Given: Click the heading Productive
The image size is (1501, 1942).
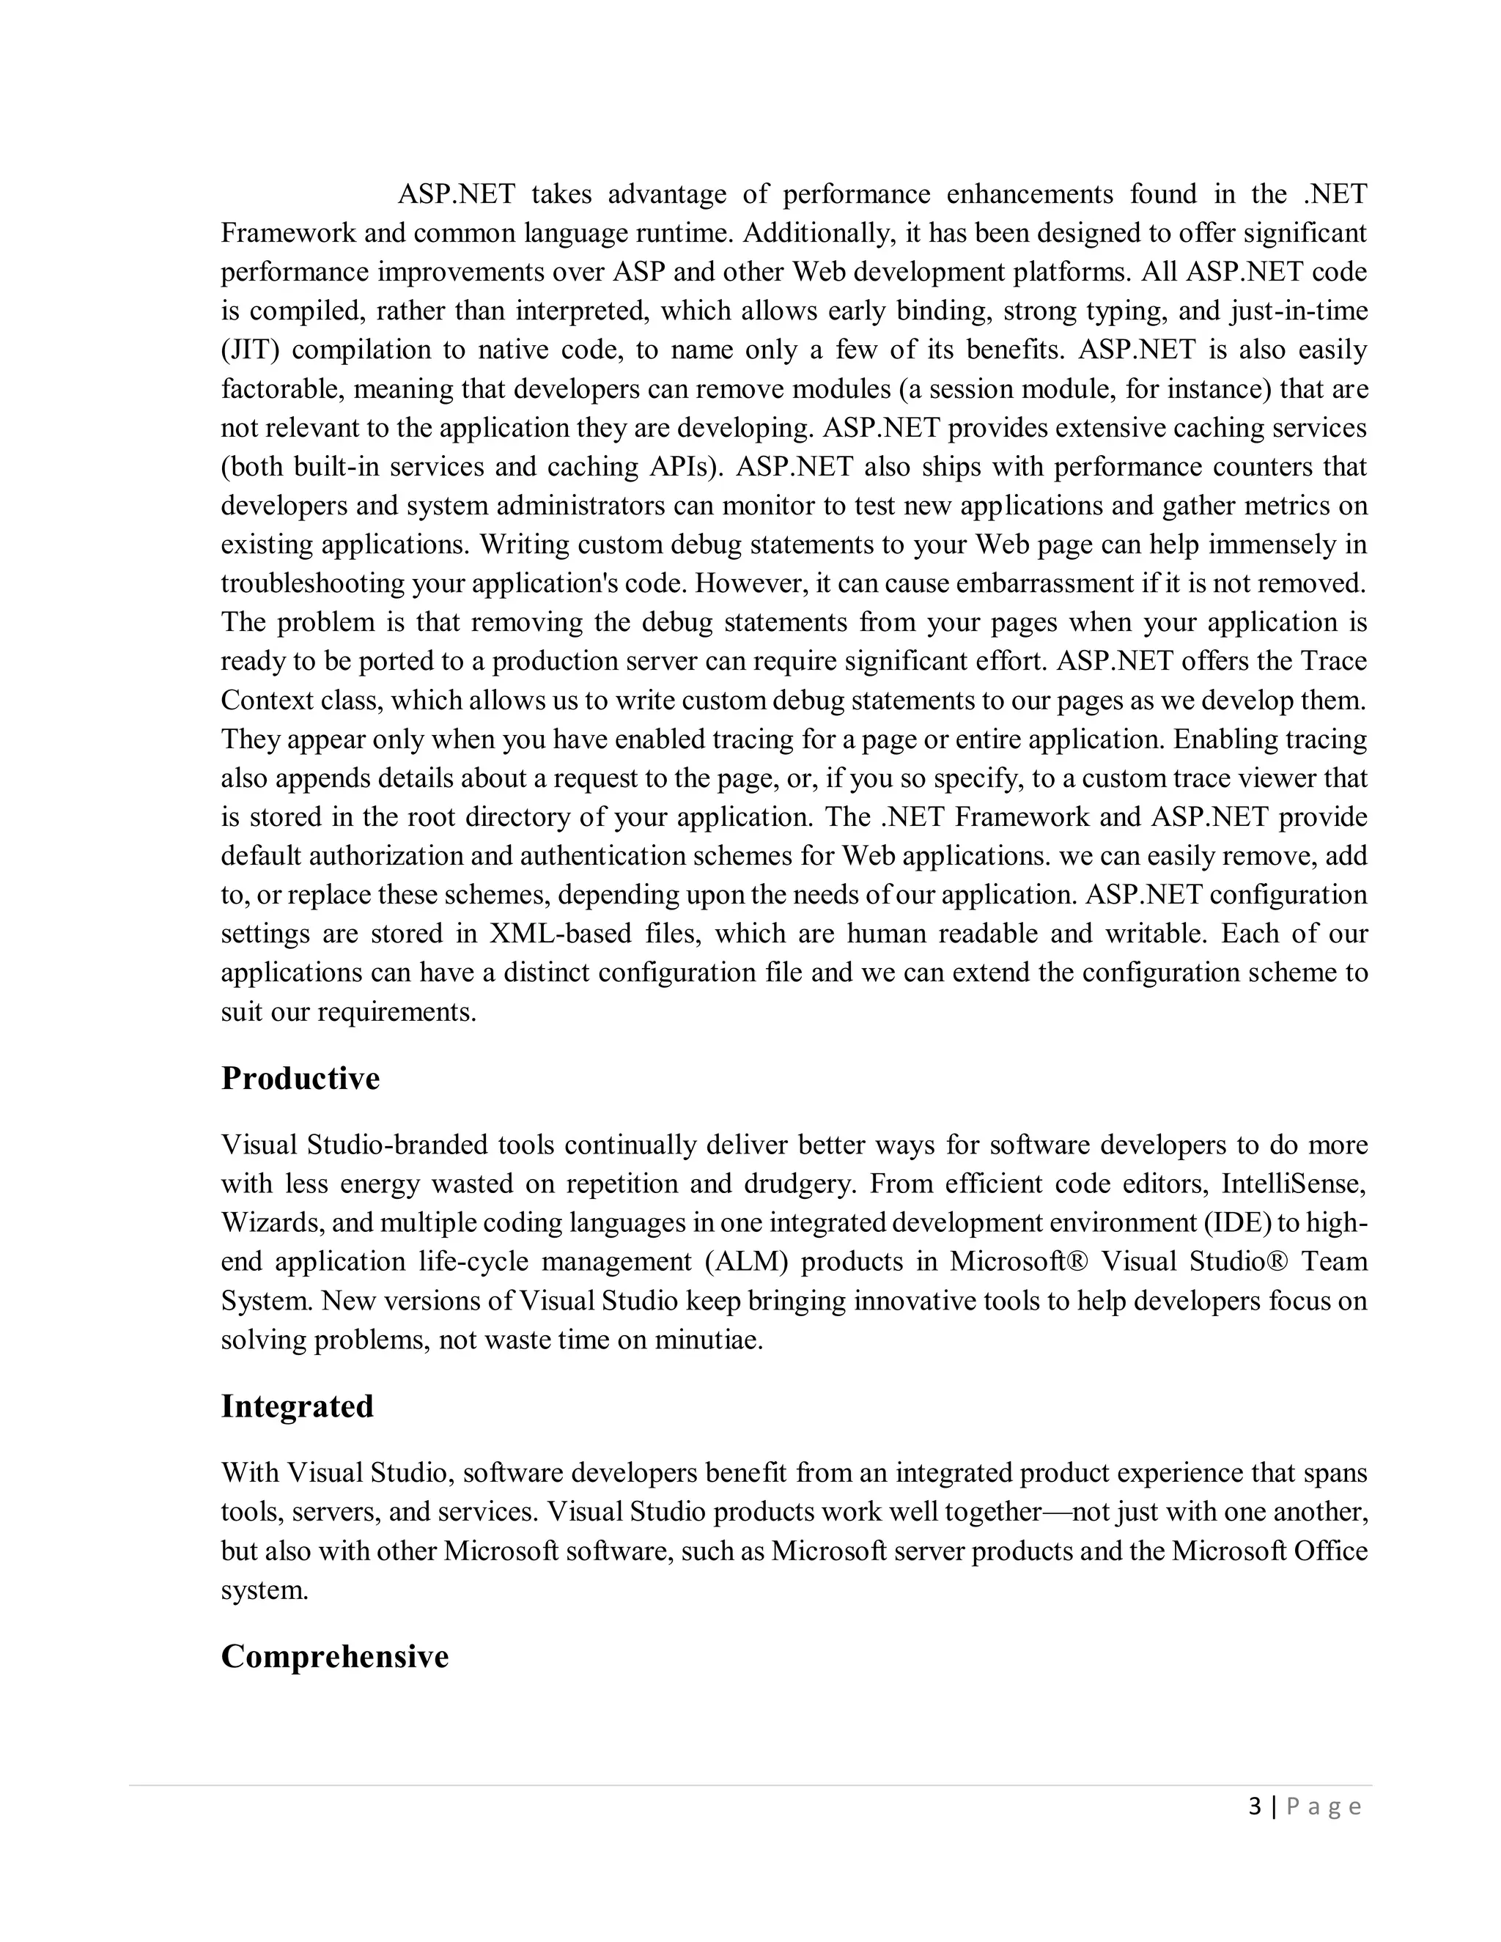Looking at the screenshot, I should [x=300, y=1079].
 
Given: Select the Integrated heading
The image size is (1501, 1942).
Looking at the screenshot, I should [x=297, y=1407].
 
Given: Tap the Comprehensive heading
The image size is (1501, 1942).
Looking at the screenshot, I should [x=334, y=1657].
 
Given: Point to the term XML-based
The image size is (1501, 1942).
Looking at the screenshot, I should [x=560, y=934].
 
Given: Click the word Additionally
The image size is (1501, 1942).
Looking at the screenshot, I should [x=819, y=234].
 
